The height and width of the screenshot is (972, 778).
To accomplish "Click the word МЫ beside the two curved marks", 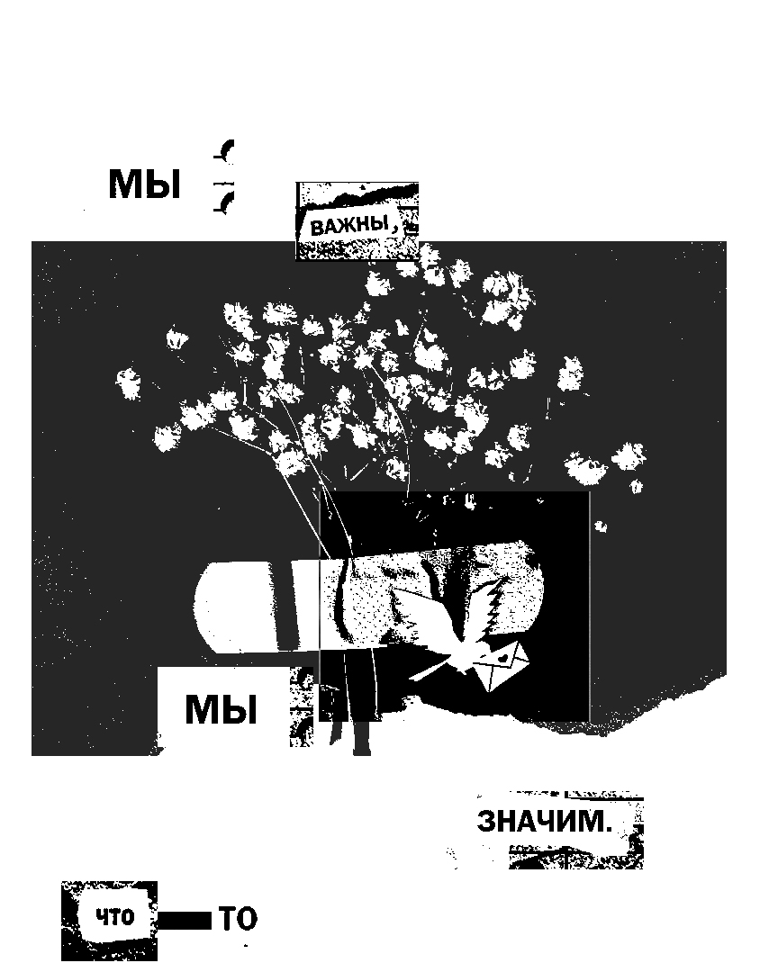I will coord(145,184).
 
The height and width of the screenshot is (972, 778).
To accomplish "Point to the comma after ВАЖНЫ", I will coord(394,230).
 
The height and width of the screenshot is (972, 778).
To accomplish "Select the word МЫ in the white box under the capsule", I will coord(222,709).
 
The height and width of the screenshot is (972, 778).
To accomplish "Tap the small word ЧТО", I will coord(115,919).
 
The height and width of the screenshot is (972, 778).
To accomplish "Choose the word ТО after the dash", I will coord(238,920).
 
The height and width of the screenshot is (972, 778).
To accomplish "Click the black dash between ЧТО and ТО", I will coord(185,920).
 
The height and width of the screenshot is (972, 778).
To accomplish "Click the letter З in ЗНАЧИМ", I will coord(486,822).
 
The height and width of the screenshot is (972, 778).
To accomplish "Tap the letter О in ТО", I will coord(247,920).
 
